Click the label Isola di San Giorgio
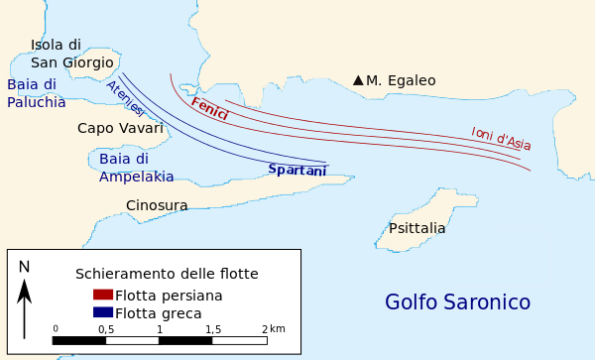[x=70, y=54]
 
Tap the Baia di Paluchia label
[x=37, y=93]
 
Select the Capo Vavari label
[x=120, y=128]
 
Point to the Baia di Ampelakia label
[x=136, y=168]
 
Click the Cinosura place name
[x=157, y=205]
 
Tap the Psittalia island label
[x=416, y=228]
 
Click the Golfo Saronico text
[x=457, y=302]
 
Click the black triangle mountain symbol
[x=358, y=80]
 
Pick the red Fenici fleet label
[x=209, y=108]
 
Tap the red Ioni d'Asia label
[x=501, y=138]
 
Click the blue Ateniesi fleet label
[x=125, y=98]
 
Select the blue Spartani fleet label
[x=297, y=170]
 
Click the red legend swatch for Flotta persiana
[x=103, y=295]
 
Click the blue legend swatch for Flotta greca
[x=103, y=311]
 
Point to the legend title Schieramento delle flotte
[x=167, y=273]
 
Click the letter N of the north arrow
[x=25, y=266]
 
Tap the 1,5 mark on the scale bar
[x=212, y=328]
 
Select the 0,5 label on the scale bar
[x=105, y=328]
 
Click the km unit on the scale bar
[x=278, y=328]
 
